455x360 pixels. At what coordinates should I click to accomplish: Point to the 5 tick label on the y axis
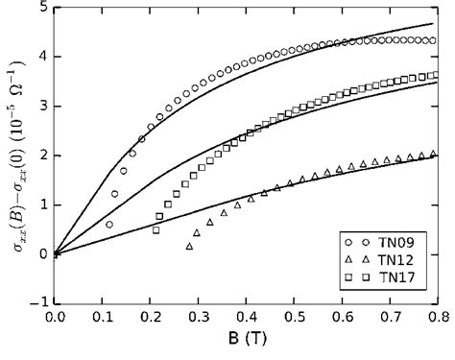(44, 9)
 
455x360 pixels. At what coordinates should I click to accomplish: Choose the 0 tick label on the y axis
(44, 253)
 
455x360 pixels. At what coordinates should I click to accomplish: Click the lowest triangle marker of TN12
(189, 248)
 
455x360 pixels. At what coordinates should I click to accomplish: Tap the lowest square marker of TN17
(156, 229)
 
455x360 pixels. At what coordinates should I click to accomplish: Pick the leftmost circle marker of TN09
(108, 225)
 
